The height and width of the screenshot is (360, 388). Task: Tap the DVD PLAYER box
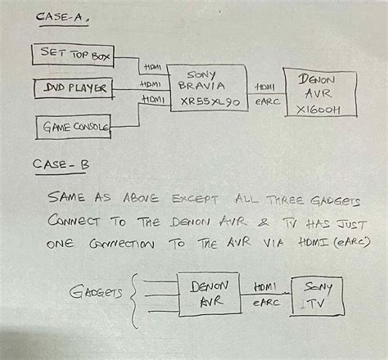(73, 88)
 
